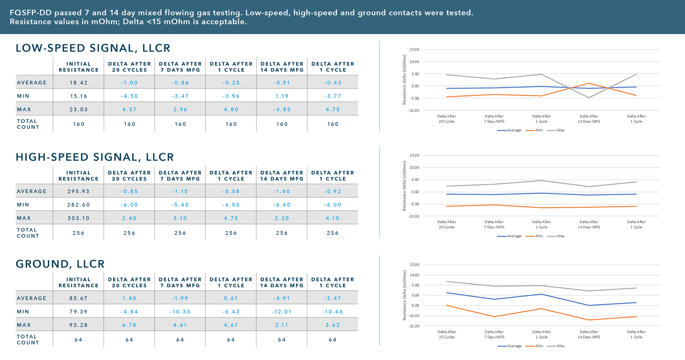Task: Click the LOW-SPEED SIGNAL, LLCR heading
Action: pyautogui.click(x=93, y=48)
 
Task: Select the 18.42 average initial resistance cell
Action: pyautogui.click(x=79, y=83)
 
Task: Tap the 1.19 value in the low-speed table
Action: pyautogui.click(x=282, y=96)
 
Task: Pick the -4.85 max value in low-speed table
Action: pyautogui.click(x=282, y=110)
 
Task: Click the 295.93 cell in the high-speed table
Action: pyautogui.click(x=79, y=191)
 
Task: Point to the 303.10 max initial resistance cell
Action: pyautogui.click(x=79, y=218)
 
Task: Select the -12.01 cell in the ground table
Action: pyautogui.click(x=282, y=312)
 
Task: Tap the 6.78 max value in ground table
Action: pyautogui.click(x=129, y=325)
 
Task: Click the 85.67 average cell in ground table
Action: pyautogui.click(x=79, y=298)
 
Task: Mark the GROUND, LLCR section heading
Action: pyautogui.click(x=60, y=264)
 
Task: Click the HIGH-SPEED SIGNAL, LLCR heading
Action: pyautogui.click(x=95, y=157)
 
